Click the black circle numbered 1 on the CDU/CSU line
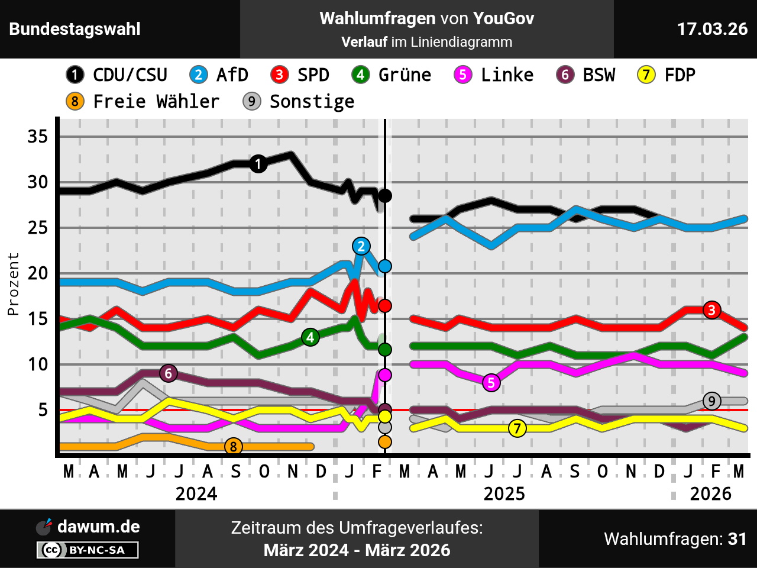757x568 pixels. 258,164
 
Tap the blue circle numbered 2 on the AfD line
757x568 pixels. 361,246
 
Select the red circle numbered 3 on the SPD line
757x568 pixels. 712,309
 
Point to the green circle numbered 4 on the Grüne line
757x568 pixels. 310,337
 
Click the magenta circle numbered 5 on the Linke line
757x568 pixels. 491,383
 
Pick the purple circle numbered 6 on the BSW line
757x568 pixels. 169,373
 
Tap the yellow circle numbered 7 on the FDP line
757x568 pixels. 517,428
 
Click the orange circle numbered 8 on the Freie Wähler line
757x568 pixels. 234,447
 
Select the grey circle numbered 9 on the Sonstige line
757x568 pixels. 712,401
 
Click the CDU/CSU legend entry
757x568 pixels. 117,75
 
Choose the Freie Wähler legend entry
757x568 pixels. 143,101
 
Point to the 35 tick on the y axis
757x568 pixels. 38,137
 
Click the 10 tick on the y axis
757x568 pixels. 38,364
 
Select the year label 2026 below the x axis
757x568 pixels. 710,493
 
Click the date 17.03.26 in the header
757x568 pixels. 712,29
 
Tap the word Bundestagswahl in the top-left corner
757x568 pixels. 75,29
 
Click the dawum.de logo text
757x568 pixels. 98,527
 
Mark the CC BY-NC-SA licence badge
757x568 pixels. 88,550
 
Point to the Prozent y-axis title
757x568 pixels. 13,284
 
